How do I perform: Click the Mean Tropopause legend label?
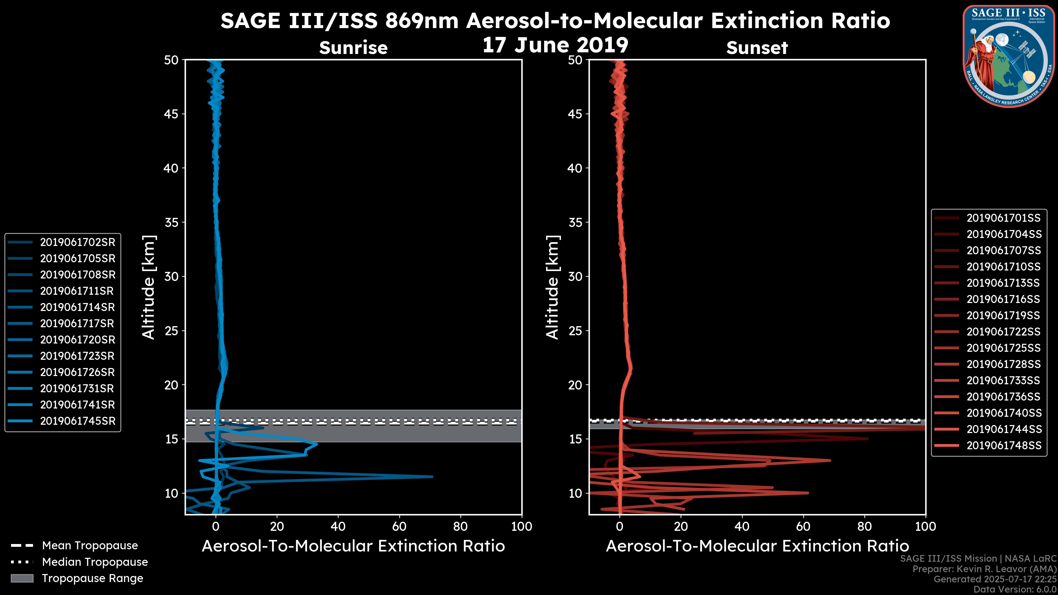(90, 545)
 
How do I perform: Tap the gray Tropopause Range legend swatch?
(22, 578)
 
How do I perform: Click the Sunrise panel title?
(353, 48)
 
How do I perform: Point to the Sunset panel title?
(757, 48)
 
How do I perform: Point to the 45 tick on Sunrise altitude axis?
(171, 114)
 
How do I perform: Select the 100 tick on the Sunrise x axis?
(522, 526)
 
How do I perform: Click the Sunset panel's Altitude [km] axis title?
(553, 287)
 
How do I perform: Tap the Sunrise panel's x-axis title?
(353, 546)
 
